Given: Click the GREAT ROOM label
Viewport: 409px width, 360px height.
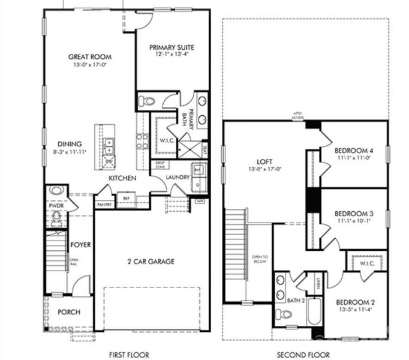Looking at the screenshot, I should click(x=90, y=57).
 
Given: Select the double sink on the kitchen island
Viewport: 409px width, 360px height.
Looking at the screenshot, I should click(x=109, y=145).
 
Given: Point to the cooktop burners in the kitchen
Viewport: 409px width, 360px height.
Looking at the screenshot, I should click(x=142, y=140).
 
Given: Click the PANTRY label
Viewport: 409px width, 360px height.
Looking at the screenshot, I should click(x=104, y=205).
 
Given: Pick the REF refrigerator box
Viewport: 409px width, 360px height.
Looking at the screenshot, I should click(x=126, y=198).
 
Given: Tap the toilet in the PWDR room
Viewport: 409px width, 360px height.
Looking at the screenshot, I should click(x=57, y=217).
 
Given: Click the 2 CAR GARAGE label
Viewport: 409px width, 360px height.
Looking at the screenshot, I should click(x=151, y=261).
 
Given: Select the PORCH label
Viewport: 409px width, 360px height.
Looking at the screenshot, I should click(x=68, y=312).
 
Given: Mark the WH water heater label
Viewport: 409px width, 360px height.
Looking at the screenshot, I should click(x=200, y=201).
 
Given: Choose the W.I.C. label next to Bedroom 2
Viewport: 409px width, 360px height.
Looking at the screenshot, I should click(x=367, y=263).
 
